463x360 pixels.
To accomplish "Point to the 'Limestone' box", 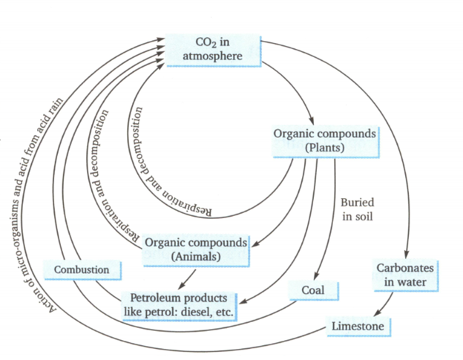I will [x=359, y=325].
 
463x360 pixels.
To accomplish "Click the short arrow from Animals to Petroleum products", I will [x=190, y=275].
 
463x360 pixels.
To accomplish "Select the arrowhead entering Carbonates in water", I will [x=408, y=255].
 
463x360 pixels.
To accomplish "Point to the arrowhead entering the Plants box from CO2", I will [x=315, y=122].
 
